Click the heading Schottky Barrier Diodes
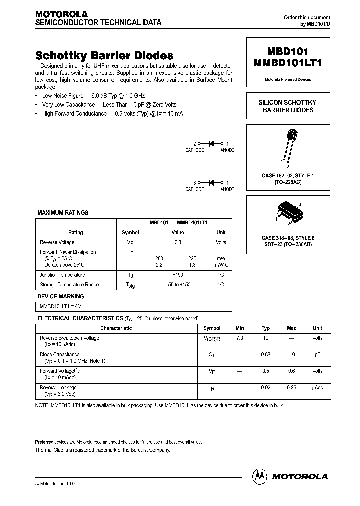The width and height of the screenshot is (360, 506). pos(104,56)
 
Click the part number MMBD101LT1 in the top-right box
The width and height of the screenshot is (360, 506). pos(288,64)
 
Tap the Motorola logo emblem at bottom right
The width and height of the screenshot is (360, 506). pos(260,476)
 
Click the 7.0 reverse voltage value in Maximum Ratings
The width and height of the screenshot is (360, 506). pos(177,242)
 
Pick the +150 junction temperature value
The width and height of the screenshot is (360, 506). pos(177,275)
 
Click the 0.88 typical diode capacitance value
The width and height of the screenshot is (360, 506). pos(265,354)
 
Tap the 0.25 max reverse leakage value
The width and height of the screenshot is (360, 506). pos(291,387)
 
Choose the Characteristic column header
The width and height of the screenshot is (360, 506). pos(116,328)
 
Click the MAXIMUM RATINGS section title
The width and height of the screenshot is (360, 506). pos(63,213)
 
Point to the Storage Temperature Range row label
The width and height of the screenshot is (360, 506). pos(69,285)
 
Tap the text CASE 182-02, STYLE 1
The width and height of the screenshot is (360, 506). pos(288,176)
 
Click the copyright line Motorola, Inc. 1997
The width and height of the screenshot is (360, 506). pos(56,484)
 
